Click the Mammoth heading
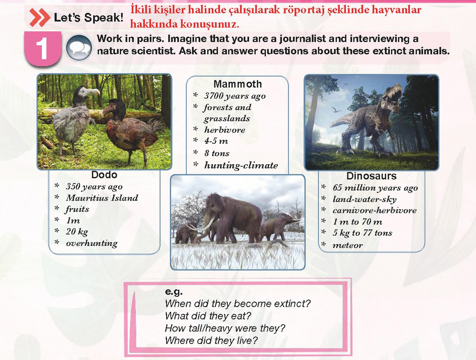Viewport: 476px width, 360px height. tap(237, 84)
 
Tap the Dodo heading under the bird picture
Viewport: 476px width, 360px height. tap(104, 175)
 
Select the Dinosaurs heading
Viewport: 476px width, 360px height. tap(371, 176)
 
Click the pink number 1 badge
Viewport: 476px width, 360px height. tap(43, 49)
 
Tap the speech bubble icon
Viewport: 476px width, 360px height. tap(79, 48)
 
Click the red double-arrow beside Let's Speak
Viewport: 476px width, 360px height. tap(40, 18)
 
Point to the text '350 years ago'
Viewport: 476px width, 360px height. tap(94, 187)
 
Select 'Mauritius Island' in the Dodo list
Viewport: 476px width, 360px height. tap(102, 198)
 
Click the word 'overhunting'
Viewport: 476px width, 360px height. tap(91, 243)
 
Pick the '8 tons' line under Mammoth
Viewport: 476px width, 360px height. tap(217, 153)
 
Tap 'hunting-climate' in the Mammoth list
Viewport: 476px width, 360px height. tap(241, 165)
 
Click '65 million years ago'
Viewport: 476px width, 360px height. tap(375, 188)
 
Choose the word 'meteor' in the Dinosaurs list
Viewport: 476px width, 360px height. tap(347, 245)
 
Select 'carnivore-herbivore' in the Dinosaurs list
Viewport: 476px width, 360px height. tap(375, 210)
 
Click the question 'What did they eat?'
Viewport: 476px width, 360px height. tap(208, 316)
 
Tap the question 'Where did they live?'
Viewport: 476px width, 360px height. tap(211, 340)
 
